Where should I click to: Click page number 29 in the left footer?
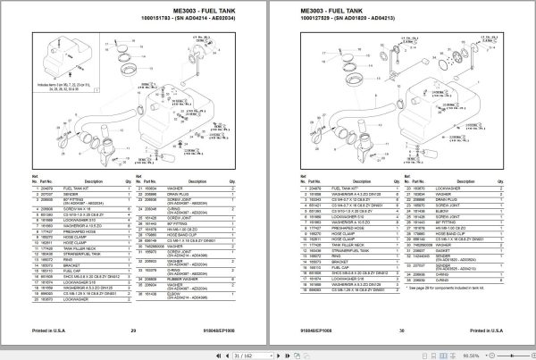tap(131, 331)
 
